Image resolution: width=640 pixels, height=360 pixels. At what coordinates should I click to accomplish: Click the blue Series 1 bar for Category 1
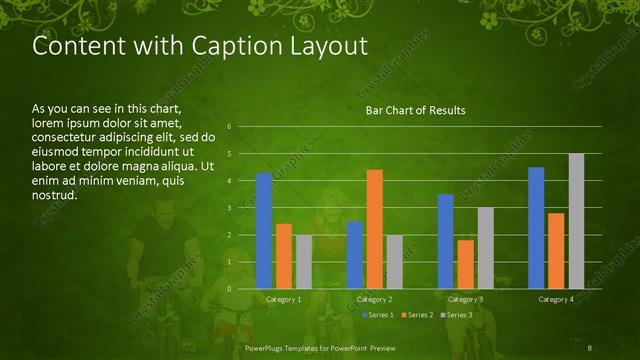point(264,231)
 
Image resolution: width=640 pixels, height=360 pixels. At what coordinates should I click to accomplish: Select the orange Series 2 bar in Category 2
point(375,229)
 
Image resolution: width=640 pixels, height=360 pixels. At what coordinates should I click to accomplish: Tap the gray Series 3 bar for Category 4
point(576,221)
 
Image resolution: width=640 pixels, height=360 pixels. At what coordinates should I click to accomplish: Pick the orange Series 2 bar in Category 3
point(465,264)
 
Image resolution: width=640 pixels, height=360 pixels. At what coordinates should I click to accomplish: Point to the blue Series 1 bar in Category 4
point(536,228)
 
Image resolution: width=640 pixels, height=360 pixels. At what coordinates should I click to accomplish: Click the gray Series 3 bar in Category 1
point(303,262)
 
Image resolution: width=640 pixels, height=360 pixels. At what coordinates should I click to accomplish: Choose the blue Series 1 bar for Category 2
point(355,255)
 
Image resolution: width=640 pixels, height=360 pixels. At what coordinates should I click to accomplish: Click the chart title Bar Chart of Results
point(414,110)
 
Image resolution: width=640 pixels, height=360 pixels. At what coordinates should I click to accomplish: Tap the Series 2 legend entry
point(416,315)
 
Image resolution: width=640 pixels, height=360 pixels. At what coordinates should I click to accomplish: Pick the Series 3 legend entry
point(457,315)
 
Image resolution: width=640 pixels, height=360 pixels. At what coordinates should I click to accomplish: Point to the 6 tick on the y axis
point(230,127)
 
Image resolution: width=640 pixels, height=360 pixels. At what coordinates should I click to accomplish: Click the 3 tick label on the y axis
point(230,208)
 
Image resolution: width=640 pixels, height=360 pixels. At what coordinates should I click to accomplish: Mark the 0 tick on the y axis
point(230,289)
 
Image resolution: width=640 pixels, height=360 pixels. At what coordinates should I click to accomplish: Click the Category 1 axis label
point(284,299)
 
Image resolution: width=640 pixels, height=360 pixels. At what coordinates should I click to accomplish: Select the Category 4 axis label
point(556,299)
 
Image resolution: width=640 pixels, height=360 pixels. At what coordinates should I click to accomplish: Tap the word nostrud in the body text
point(54,196)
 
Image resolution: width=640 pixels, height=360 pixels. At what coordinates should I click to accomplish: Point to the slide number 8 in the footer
point(591,347)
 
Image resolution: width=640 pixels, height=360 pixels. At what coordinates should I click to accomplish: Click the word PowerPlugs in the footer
point(266,347)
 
